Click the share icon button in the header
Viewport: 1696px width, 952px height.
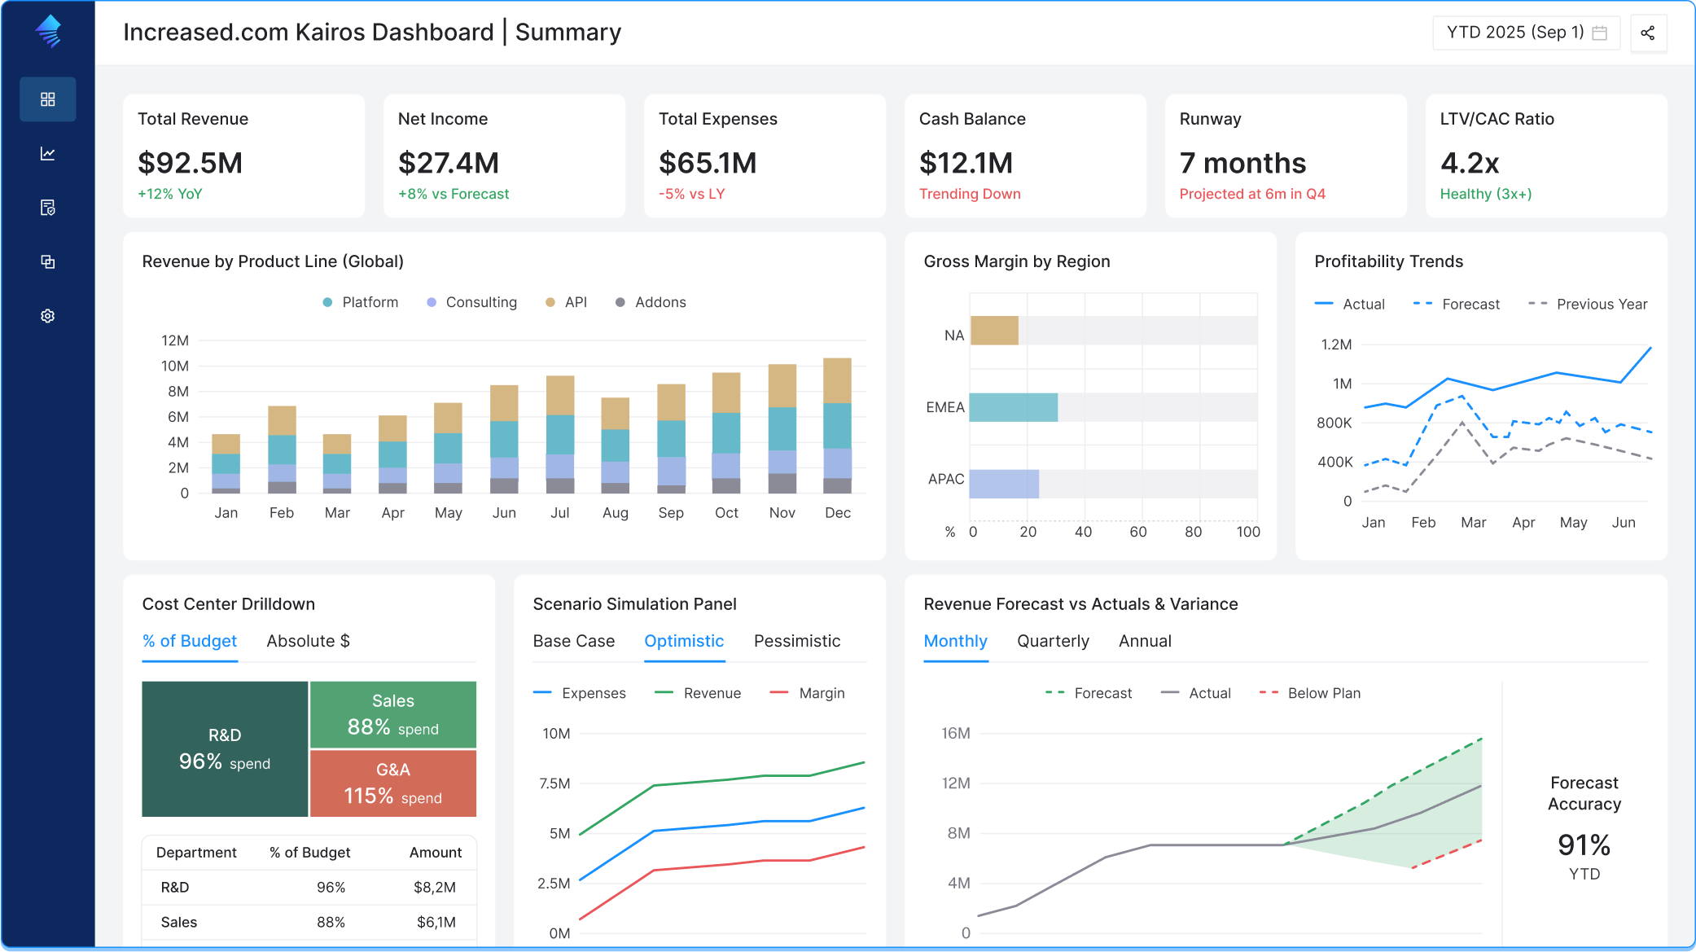(x=1648, y=33)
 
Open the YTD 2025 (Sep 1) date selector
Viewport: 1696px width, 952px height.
(x=1526, y=33)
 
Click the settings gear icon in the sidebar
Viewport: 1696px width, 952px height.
(x=48, y=316)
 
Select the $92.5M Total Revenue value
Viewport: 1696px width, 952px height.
(x=191, y=163)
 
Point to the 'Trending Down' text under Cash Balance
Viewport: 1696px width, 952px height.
(x=970, y=194)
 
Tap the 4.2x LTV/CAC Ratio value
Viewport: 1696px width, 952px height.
(x=1470, y=163)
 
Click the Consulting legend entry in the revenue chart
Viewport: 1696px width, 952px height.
(x=472, y=302)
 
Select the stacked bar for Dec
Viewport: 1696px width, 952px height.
(x=837, y=426)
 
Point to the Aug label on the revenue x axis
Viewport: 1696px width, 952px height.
(x=616, y=513)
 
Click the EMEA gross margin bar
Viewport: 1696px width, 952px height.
(x=1014, y=407)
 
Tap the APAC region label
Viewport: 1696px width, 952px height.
(x=946, y=479)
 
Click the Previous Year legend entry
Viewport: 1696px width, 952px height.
(x=1588, y=304)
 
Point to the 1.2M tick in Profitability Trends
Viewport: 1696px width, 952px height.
(x=1336, y=344)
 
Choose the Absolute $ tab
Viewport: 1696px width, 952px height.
(x=308, y=641)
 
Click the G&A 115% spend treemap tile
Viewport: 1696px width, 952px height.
(x=393, y=783)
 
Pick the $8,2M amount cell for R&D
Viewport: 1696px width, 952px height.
(x=435, y=887)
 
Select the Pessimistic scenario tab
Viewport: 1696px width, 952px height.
(x=797, y=641)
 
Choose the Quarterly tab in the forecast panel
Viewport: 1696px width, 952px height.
(x=1053, y=641)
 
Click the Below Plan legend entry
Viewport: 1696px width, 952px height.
(x=1310, y=693)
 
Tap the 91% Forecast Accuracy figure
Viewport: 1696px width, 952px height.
(x=1584, y=845)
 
